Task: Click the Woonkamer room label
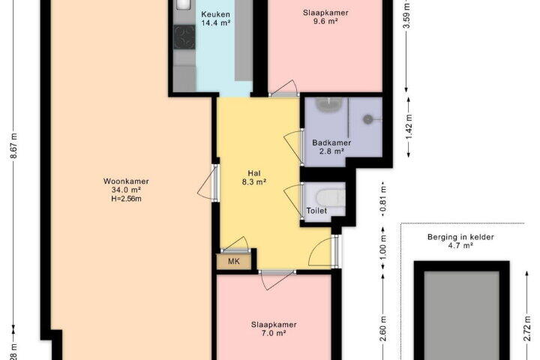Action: pos(126,181)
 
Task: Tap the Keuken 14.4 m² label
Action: pos(215,19)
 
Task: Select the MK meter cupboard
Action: pos(234,262)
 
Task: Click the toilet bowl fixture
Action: pos(330,198)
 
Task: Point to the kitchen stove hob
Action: pos(184,37)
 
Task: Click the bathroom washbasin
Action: pos(330,104)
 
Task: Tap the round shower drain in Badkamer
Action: pos(367,119)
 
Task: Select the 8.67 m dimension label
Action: pos(13,145)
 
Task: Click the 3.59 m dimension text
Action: pos(407,16)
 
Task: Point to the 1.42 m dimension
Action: pos(409,127)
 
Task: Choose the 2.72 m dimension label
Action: pos(527,328)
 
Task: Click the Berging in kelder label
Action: pos(460,237)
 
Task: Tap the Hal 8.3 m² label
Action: pos(254,178)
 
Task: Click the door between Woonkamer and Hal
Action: pos(208,182)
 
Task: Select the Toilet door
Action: pos(294,200)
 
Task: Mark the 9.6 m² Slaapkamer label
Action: pos(325,17)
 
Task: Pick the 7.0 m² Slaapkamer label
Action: pos(274,329)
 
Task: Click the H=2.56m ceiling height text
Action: pos(127,199)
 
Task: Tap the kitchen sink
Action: pos(184,4)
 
